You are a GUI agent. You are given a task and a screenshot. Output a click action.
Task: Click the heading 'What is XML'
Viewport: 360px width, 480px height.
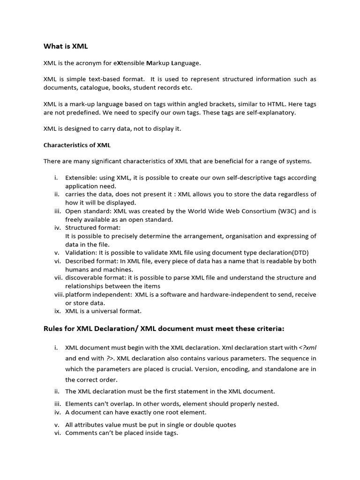click(x=66, y=46)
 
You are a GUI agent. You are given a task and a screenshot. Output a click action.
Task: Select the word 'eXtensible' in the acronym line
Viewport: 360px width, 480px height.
click(x=129, y=63)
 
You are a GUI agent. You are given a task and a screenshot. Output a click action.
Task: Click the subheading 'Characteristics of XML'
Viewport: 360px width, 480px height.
click(x=77, y=145)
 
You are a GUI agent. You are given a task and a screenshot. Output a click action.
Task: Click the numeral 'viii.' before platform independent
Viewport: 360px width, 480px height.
click(x=59, y=294)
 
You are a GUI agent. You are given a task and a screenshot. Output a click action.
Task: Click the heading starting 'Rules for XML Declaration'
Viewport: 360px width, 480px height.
click(x=164, y=329)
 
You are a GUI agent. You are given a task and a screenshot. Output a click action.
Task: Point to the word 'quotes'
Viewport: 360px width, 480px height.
click(x=225, y=425)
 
